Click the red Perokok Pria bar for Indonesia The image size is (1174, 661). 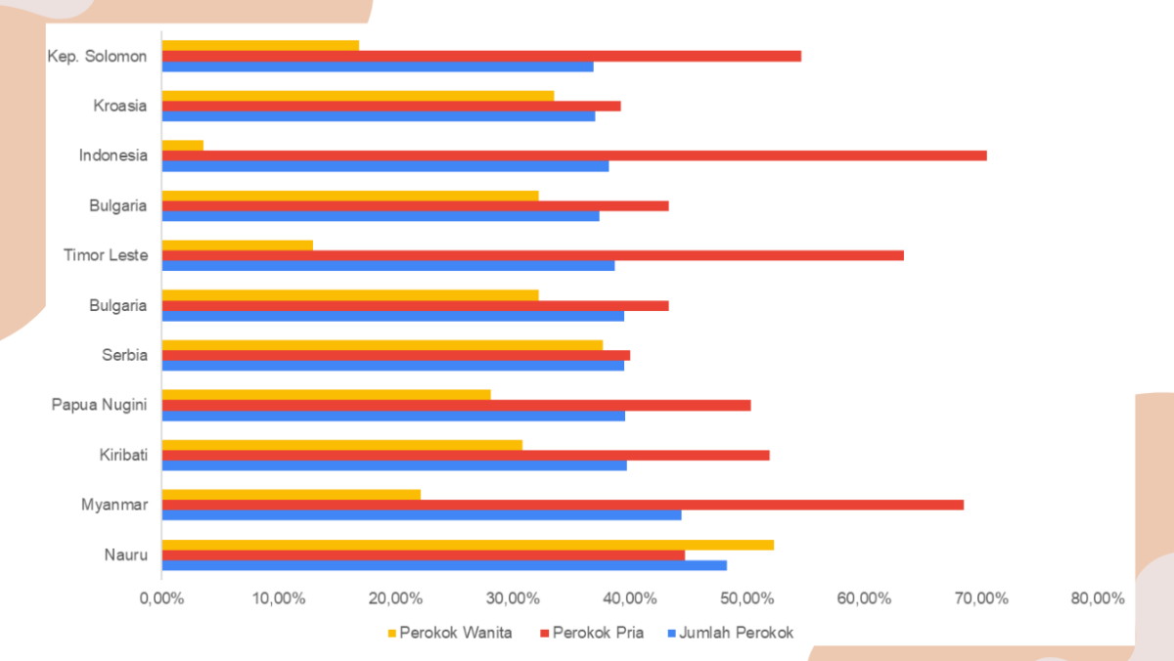[x=573, y=155]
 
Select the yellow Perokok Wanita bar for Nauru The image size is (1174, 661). [x=468, y=545]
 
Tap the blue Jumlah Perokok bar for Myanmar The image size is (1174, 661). [x=421, y=515]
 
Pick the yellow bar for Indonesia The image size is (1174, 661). [x=183, y=145]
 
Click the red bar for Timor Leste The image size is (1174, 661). [x=532, y=255]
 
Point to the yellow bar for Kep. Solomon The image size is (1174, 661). [x=260, y=45]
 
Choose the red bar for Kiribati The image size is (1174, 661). [x=465, y=455]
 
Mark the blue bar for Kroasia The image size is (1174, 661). [x=378, y=116]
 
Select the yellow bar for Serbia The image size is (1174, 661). [x=382, y=344]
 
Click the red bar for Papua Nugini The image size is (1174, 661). [x=456, y=405]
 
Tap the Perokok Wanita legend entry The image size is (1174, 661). [x=448, y=633]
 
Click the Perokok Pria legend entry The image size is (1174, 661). [x=591, y=633]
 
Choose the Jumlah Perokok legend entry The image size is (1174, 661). [x=730, y=633]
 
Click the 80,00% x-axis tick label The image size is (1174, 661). [x=1097, y=598]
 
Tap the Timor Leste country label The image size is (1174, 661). [x=106, y=255]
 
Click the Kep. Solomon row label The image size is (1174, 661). [x=97, y=56]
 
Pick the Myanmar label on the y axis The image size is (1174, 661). [x=114, y=505]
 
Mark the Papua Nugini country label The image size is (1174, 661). [x=99, y=405]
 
